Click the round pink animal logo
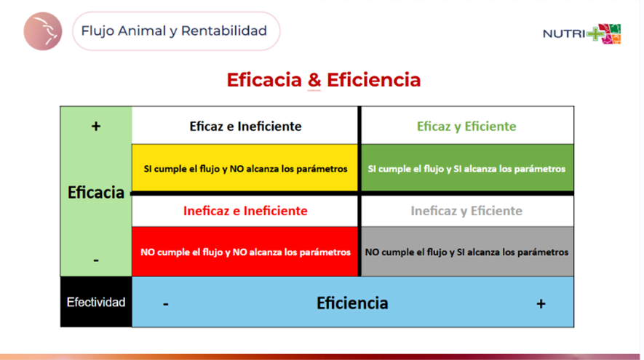click(x=43, y=31)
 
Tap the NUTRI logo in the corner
click(x=581, y=33)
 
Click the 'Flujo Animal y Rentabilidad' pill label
click(x=176, y=31)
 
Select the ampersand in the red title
click(x=314, y=79)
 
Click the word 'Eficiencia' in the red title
click(x=374, y=79)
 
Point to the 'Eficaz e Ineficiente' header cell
click(x=245, y=126)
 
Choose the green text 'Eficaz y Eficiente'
click(x=466, y=126)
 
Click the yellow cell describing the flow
click(x=245, y=168)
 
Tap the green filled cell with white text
click(x=467, y=168)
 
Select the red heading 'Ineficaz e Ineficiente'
click(x=245, y=211)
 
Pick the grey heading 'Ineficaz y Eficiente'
click(x=466, y=211)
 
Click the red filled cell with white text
click(x=245, y=252)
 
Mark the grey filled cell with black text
click(x=467, y=252)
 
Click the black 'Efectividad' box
click(x=96, y=302)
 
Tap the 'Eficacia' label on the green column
click(x=96, y=192)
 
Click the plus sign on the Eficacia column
click(x=96, y=126)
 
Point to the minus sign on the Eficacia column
click(x=96, y=260)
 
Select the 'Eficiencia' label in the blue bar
click(x=352, y=303)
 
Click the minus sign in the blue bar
click(x=165, y=304)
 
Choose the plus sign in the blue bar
click(x=541, y=304)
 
